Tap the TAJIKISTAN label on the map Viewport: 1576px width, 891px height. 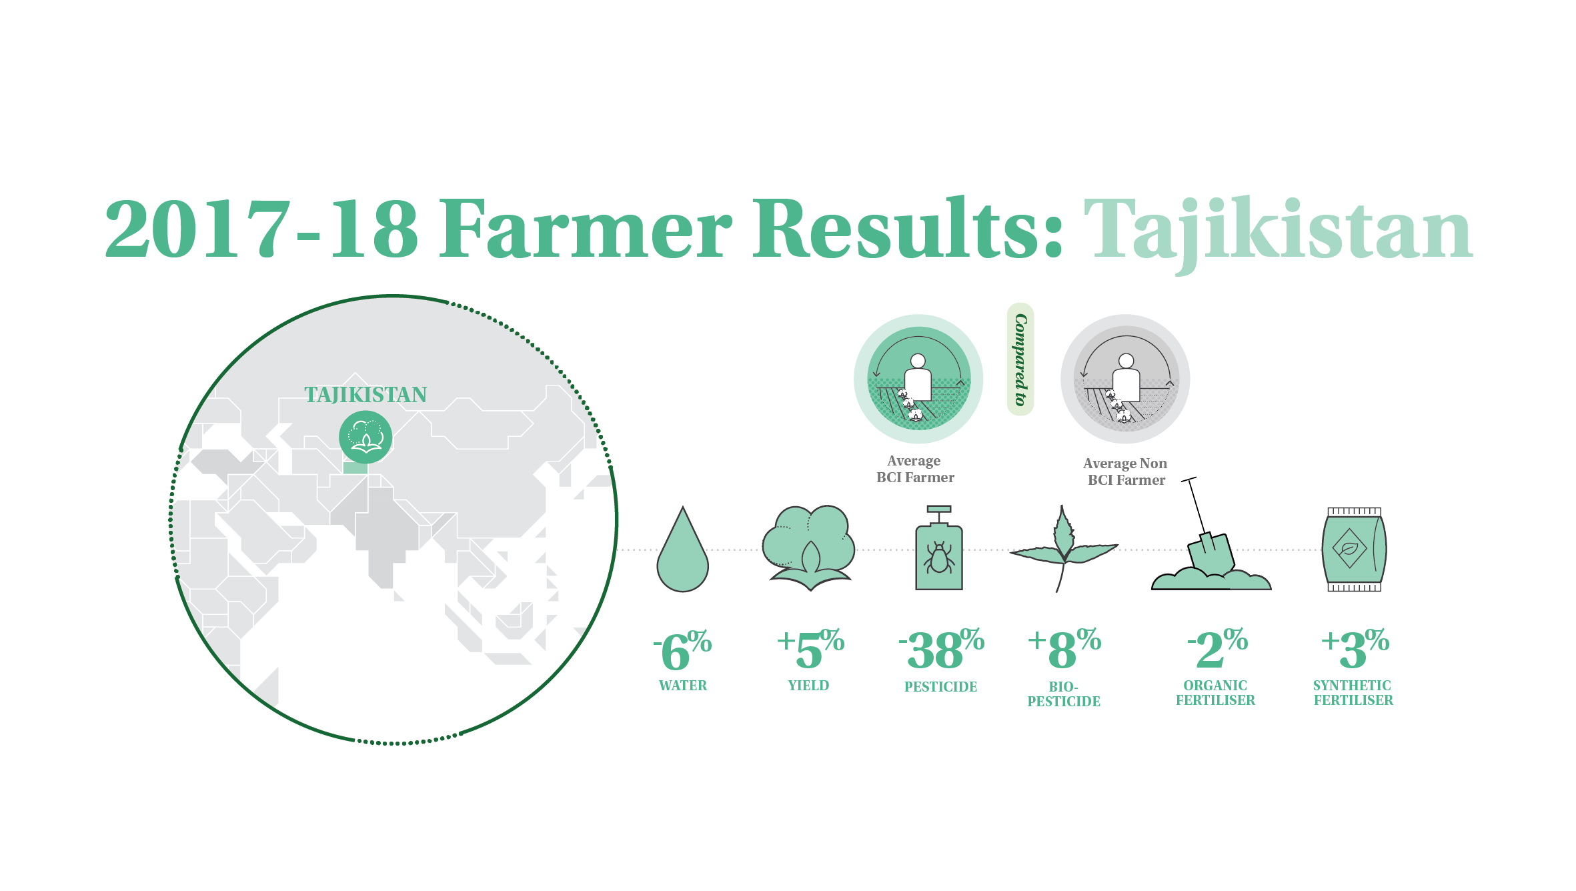[x=365, y=395]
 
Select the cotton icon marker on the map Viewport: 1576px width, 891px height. [x=365, y=437]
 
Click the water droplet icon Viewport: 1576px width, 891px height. [x=682, y=550]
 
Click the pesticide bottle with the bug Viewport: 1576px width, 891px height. [x=939, y=548]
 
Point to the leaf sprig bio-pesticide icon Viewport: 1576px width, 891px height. [x=1063, y=548]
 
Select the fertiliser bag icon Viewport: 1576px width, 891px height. [x=1354, y=550]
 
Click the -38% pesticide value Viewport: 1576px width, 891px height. [x=941, y=648]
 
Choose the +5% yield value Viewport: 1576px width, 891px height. [x=810, y=648]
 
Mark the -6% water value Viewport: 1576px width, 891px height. [x=682, y=650]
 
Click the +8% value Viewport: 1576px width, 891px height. [x=1064, y=648]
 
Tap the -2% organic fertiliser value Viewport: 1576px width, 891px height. [x=1217, y=648]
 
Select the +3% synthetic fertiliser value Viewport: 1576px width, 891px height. [x=1355, y=648]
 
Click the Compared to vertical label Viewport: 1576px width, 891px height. [x=1020, y=359]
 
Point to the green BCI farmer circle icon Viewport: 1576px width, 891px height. [x=918, y=379]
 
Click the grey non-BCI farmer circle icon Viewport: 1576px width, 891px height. [x=1125, y=379]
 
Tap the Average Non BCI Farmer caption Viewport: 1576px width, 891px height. [x=1126, y=472]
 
